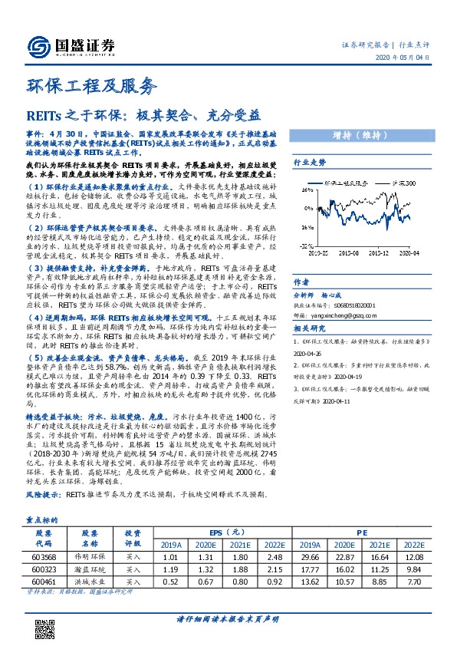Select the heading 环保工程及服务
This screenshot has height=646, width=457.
pos(91,86)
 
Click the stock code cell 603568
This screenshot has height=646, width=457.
pos(43,535)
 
